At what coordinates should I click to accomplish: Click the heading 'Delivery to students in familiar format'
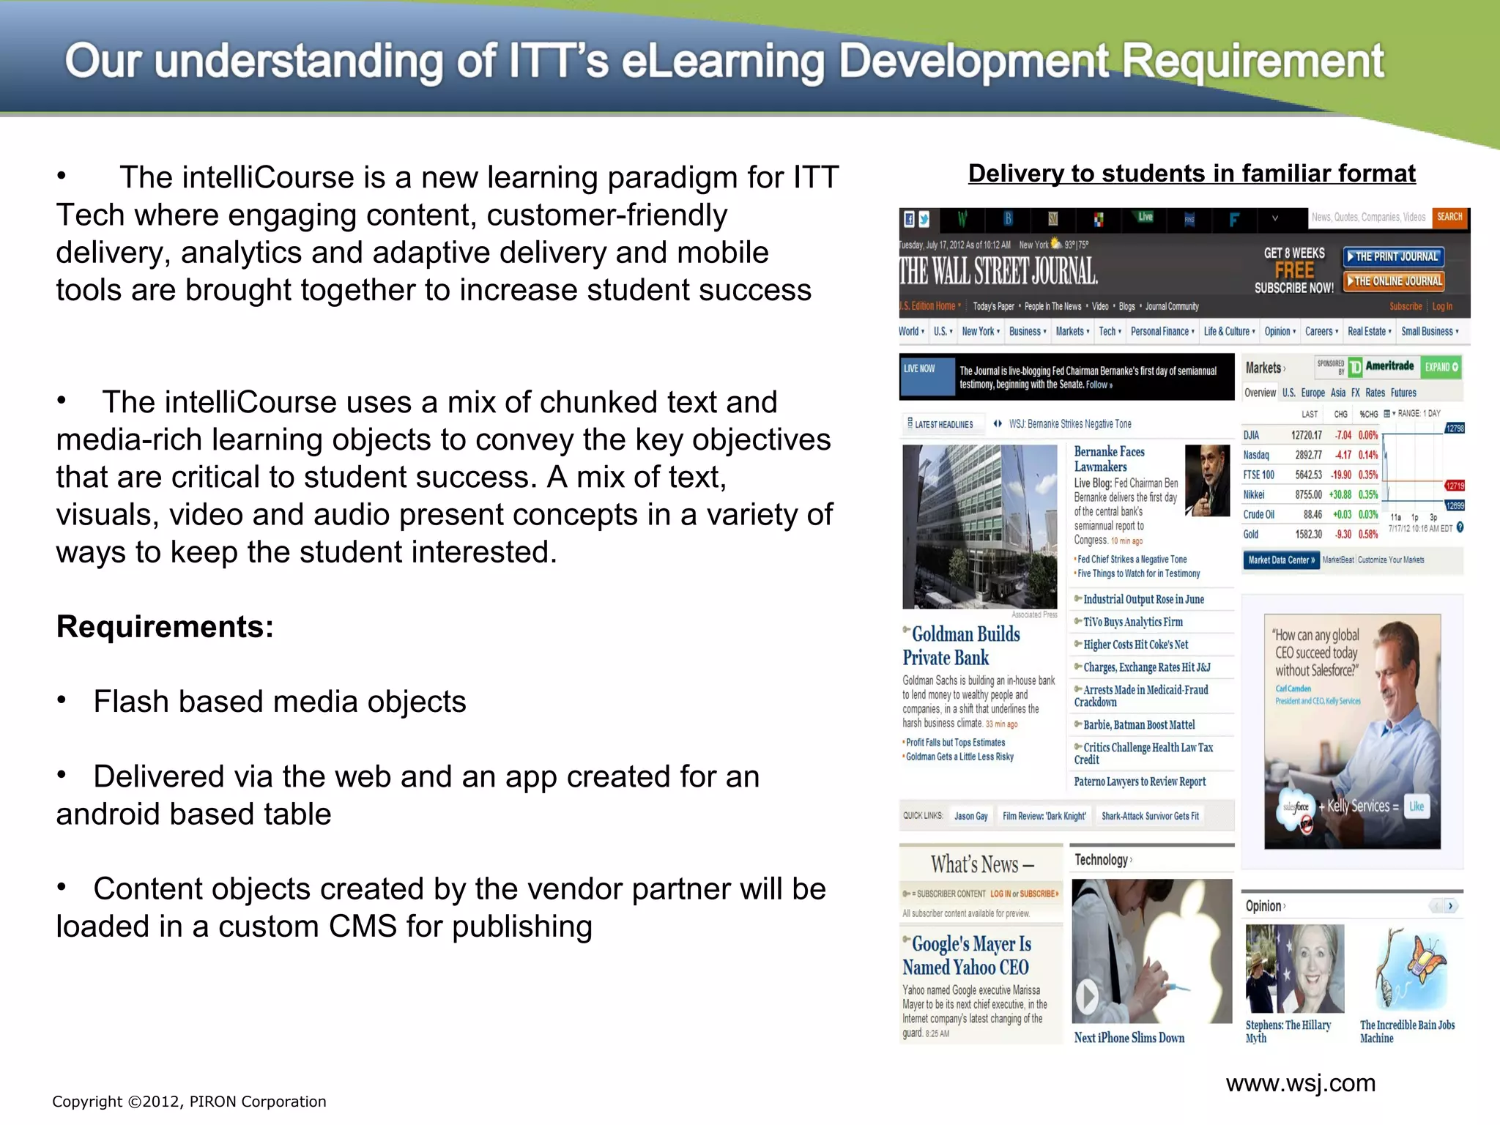point(1192,174)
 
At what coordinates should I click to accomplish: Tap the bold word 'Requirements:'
point(165,627)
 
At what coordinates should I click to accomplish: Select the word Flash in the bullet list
point(130,702)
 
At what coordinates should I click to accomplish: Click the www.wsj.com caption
point(1300,1083)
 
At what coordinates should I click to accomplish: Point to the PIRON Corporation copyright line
point(189,1102)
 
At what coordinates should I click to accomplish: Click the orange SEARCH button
point(1449,218)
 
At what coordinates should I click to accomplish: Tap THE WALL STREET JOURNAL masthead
point(998,271)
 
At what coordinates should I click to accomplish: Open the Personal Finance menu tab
point(1161,332)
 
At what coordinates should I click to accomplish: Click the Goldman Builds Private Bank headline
point(961,646)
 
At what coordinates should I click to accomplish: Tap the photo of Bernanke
point(1207,480)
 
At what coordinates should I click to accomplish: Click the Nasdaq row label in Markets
point(1255,455)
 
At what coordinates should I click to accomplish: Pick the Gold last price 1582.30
point(1307,535)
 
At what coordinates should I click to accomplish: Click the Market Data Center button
point(1280,560)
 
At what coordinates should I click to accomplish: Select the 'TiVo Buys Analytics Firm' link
point(1132,623)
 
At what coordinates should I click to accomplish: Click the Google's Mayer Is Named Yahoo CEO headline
point(967,956)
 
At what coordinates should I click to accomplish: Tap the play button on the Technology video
point(1086,996)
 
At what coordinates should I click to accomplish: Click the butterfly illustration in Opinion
point(1410,968)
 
